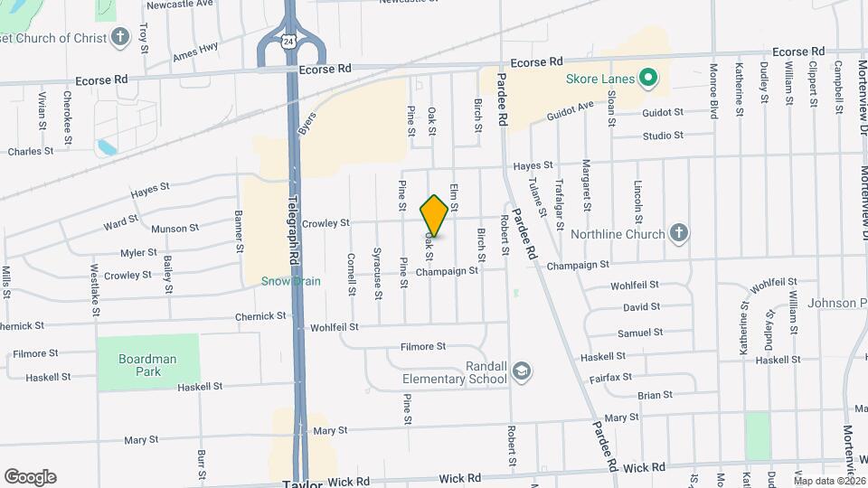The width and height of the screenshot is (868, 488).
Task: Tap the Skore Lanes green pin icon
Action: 647,79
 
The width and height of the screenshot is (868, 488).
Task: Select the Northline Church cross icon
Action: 679,233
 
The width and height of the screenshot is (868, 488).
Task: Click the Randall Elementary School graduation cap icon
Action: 522,371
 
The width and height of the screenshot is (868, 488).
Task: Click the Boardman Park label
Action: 146,365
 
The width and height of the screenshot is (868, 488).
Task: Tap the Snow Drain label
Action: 291,281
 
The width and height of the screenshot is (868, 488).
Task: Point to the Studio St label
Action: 663,136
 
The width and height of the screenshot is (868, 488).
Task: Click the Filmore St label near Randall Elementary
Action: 423,346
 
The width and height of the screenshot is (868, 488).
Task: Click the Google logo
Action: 30,476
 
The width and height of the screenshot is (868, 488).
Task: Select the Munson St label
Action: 175,229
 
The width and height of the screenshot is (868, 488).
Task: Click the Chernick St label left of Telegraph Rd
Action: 260,316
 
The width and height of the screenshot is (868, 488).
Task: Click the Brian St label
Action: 655,395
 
